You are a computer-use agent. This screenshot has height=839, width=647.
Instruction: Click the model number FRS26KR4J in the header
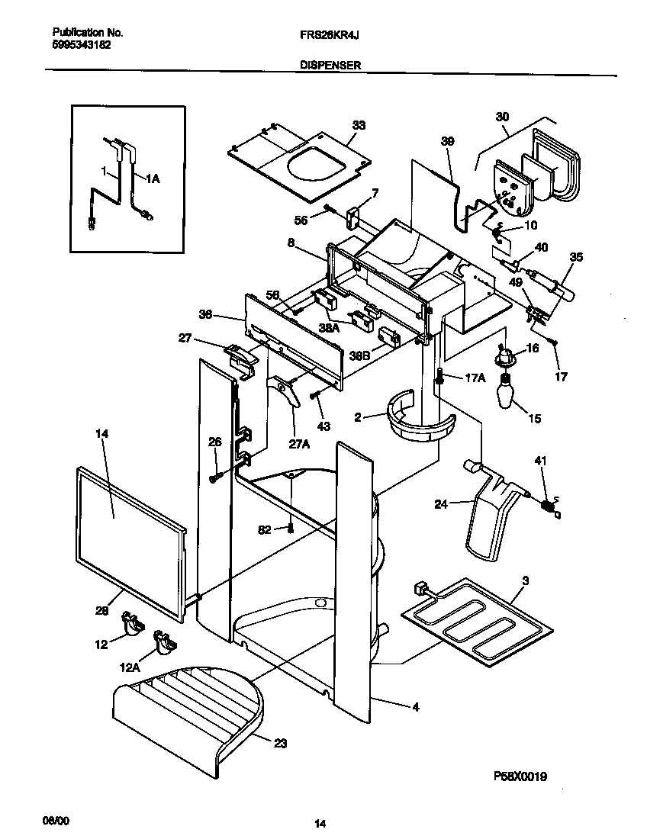pos(323,34)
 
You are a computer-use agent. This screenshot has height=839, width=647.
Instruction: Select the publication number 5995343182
pos(82,45)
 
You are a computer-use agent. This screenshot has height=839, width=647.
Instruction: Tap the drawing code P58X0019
pos(520,776)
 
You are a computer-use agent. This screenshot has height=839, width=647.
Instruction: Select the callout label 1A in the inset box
pos(153,179)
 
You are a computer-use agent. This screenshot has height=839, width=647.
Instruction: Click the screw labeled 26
pos(215,477)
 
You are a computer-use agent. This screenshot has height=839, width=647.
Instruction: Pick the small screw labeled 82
pos(291,529)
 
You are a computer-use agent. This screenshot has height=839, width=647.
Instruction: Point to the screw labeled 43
pos(314,394)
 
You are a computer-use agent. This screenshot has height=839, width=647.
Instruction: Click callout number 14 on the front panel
pos(102,434)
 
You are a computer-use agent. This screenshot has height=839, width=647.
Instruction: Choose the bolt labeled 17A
pos(442,375)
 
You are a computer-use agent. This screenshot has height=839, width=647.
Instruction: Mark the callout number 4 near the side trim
pos(415,706)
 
